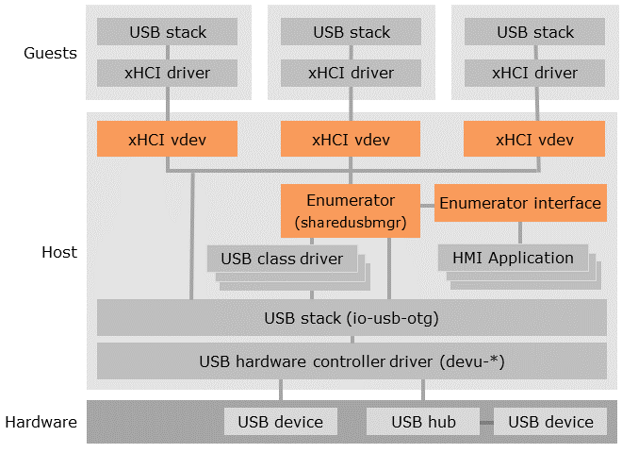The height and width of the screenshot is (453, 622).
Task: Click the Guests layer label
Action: pos(50,53)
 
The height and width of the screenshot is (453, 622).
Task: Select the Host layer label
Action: pos(59,252)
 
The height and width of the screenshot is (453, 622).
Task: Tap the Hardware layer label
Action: pos(40,422)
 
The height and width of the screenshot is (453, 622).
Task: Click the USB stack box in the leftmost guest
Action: pos(167,32)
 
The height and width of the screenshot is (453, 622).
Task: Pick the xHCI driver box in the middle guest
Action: pos(351,72)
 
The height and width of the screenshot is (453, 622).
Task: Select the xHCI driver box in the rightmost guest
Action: pos(534,72)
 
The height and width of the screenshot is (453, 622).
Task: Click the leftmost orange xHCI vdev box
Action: pos(167,140)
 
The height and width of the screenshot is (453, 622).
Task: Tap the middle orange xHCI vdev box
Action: pos(351,140)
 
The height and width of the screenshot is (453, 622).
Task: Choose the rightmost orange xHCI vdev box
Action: pos(534,140)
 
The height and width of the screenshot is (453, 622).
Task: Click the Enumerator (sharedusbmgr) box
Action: pos(351,210)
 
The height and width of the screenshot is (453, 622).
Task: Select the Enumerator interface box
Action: pos(519,203)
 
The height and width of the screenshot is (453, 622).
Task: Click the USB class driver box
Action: pos(282,259)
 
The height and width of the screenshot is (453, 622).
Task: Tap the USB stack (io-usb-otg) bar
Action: pos(352,317)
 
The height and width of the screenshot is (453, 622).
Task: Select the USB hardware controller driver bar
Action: pos(352,361)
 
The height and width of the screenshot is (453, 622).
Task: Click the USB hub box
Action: pos(423,422)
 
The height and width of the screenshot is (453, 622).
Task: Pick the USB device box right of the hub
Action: pos(550,422)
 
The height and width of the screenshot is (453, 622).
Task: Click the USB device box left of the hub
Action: pos(280,422)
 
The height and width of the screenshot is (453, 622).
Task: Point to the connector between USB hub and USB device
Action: pos(487,422)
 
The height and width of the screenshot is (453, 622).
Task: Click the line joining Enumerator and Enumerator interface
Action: pos(428,203)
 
